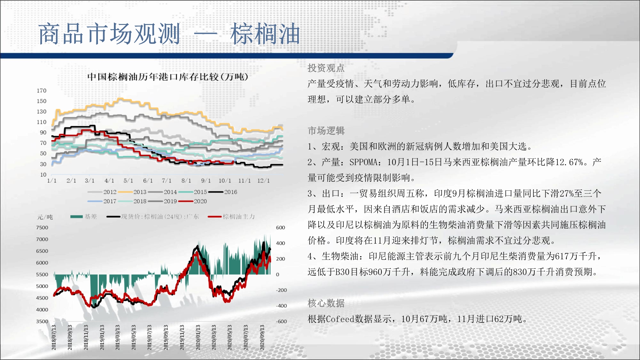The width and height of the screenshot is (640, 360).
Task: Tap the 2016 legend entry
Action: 223,192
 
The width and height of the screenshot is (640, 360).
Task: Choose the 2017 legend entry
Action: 102,201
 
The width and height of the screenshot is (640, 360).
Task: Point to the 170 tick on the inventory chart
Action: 42,91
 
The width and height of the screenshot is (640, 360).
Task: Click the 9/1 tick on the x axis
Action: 206,181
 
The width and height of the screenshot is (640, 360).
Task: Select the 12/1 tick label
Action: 263,181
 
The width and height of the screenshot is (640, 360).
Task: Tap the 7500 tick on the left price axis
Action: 42,228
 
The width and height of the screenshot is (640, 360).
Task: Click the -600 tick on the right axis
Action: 281,322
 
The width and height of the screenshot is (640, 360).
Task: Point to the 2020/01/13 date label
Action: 198,337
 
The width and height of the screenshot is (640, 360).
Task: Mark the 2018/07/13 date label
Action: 54,337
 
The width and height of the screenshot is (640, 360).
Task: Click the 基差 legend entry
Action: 84,217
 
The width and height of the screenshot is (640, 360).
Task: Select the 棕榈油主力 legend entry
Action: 231,217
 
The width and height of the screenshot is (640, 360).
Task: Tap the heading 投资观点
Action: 326,68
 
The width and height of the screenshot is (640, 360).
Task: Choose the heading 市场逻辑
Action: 326,131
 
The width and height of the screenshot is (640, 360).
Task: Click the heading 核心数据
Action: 326,303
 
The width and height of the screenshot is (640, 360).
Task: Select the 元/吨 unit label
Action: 45,217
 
